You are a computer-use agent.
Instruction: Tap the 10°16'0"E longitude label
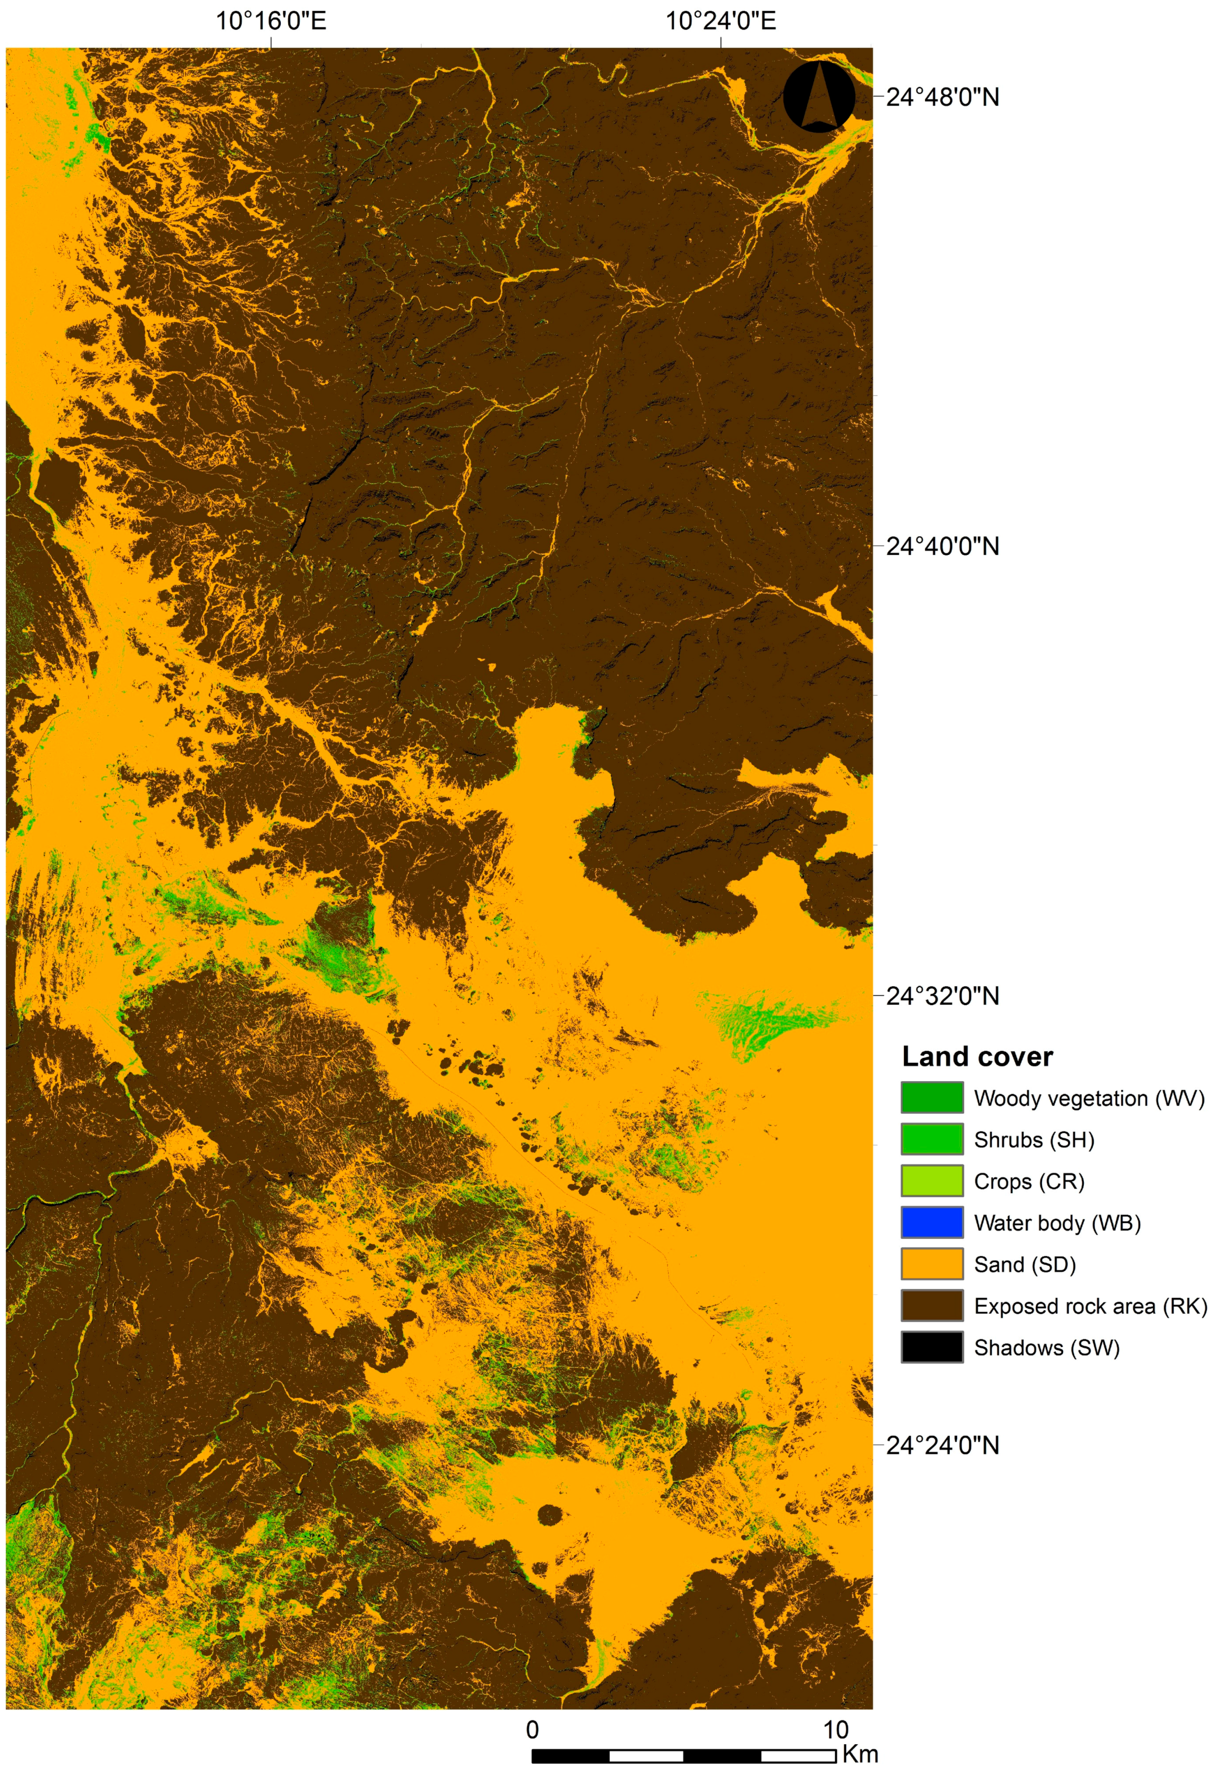pos(271,21)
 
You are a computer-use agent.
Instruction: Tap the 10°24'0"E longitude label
pos(720,21)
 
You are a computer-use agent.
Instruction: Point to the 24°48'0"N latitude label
pos(942,98)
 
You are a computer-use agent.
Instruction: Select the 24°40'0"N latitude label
pos(942,546)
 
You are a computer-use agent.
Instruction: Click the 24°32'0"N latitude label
pos(942,996)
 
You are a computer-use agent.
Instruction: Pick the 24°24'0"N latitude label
pos(942,1445)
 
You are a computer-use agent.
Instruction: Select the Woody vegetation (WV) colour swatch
pos(932,1098)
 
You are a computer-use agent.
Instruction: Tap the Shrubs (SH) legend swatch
pos(932,1139)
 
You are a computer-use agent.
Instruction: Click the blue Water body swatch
pos(932,1223)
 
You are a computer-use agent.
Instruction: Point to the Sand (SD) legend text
pos(1025,1264)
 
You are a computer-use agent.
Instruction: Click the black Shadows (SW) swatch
pos(932,1347)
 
